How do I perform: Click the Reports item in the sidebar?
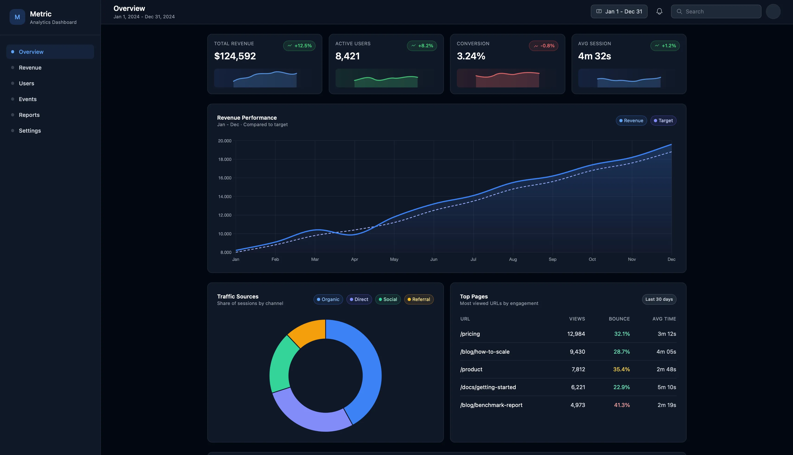(x=29, y=115)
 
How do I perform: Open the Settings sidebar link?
(x=30, y=131)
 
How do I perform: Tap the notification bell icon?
(x=659, y=12)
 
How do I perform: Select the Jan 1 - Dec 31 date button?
(x=619, y=12)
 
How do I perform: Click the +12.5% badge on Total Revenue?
(x=299, y=46)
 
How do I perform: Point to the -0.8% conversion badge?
(x=544, y=46)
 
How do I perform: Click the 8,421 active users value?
(x=347, y=56)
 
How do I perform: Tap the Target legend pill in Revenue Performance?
(x=663, y=121)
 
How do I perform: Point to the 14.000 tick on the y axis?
(x=225, y=197)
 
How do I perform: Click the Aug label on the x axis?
(x=513, y=259)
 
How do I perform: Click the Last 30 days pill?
(x=659, y=299)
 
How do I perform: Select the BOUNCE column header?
(x=619, y=319)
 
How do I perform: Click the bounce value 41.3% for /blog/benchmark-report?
(x=622, y=405)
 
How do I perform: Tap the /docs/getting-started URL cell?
(x=488, y=387)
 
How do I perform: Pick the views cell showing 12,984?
(x=576, y=334)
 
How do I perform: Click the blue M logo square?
(x=17, y=17)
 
